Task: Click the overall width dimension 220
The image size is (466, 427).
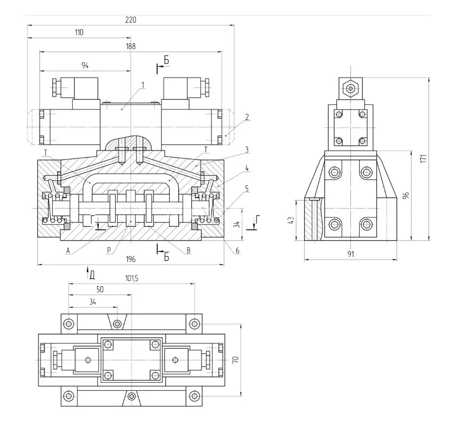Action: coord(131,20)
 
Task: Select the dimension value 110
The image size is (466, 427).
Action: coord(79,33)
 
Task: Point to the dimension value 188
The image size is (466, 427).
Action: coord(131,47)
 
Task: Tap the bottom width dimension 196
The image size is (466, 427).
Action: coord(131,259)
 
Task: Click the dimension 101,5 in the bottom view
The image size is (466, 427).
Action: coord(132,279)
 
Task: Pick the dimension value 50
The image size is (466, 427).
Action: coord(100,290)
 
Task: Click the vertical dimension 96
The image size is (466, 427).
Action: coord(406,195)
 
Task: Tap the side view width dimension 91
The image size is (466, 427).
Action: coord(350,254)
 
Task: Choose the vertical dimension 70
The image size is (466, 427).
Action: coord(236,360)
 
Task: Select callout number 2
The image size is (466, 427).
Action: coord(246,117)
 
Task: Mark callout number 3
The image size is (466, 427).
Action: coord(246,150)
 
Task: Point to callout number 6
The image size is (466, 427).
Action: coord(238,251)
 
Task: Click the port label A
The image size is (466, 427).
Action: coord(68,251)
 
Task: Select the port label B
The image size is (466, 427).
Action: coord(188,251)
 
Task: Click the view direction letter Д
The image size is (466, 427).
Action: coord(92,275)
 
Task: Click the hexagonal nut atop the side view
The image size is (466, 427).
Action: coord(350,88)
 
